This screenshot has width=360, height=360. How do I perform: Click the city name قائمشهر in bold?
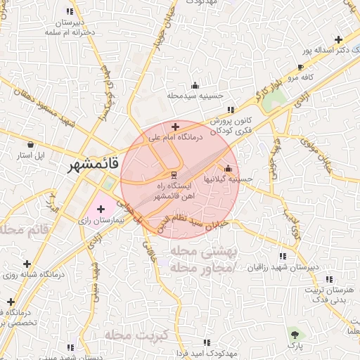click(x=94, y=167)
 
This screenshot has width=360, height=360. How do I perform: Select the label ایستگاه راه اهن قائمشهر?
click(x=172, y=190)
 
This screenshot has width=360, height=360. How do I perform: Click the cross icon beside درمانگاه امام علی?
click(x=175, y=127)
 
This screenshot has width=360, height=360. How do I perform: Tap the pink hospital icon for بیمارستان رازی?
click(x=100, y=208)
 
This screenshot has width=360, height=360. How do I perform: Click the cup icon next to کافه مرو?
click(x=301, y=66)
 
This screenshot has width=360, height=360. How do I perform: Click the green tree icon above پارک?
click(x=294, y=334)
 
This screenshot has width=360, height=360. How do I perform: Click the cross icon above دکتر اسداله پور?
click(x=340, y=40)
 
